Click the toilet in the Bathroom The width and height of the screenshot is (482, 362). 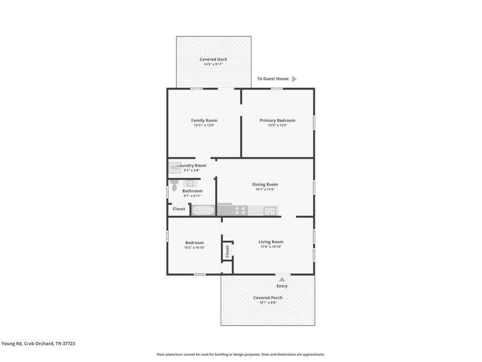[x=174, y=186]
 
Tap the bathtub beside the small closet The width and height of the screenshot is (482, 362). [x=203, y=211]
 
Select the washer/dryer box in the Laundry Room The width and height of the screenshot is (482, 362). [x=175, y=168]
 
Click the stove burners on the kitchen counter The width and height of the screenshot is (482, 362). [x=240, y=211]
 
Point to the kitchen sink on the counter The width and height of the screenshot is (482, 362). [x=269, y=211]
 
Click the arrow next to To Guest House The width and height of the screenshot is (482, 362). [x=294, y=79]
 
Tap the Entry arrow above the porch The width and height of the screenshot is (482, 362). [x=282, y=279]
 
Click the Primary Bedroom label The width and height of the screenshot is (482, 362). [x=277, y=120]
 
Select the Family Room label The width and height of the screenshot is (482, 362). [x=204, y=120]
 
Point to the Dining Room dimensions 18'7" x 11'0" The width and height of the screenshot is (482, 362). [x=265, y=189]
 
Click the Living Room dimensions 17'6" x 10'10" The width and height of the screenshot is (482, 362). [x=271, y=247]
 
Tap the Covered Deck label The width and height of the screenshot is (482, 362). [x=213, y=59]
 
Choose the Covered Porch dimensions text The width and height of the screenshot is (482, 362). [x=268, y=302]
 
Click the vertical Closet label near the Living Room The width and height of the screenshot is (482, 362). [x=228, y=251]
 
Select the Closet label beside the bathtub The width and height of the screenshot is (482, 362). [x=179, y=209]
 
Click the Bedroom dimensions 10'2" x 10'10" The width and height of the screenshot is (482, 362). [x=194, y=247]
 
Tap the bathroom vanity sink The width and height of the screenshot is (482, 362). [x=190, y=183]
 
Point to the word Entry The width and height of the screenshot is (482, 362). [x=282, y=286]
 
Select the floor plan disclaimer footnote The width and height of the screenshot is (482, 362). [x=240, y=354]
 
